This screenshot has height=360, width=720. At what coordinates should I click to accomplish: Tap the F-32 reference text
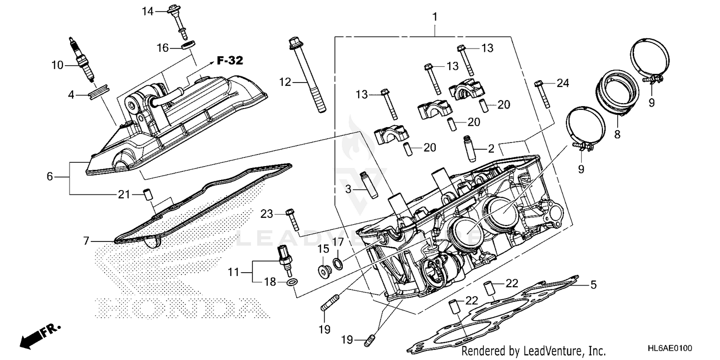pos(229,61)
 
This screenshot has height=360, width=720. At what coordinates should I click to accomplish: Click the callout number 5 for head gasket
pos(593,285)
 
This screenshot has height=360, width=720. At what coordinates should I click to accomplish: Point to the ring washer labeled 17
pos(338,263)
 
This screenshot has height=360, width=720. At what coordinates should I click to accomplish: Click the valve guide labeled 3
pos(368,184)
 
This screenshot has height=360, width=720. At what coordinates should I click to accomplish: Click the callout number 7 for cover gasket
pos(86,241)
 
